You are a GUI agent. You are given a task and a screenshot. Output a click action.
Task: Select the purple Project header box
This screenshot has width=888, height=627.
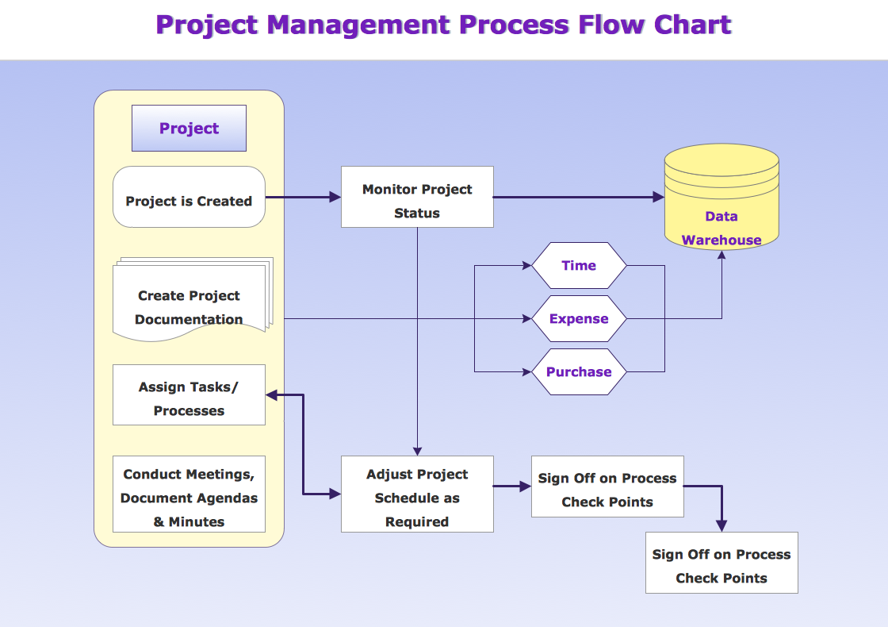tap(189, 129)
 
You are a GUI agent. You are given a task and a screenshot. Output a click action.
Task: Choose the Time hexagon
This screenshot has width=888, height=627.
tap(579, 266)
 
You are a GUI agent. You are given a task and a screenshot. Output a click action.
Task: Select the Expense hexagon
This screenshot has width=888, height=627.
tap(579, 319)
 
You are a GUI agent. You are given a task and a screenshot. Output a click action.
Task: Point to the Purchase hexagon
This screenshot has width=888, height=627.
tap(579, 371)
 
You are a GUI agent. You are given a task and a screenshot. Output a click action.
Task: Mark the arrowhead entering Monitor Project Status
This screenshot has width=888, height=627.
tap(335, 197)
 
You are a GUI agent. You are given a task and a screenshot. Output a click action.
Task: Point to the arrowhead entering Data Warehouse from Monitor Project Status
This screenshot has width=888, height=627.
tap(658, 197)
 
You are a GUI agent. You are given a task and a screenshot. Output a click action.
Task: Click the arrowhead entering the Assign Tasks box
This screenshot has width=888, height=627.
tap(271, 395)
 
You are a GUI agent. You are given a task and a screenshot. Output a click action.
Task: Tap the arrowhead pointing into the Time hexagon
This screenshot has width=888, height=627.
tap(526, 266)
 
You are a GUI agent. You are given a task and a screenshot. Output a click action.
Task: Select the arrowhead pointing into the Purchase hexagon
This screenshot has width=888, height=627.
tap(526, 371)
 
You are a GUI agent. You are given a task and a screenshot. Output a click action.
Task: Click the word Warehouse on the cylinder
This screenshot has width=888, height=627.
tap(721, 240)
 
